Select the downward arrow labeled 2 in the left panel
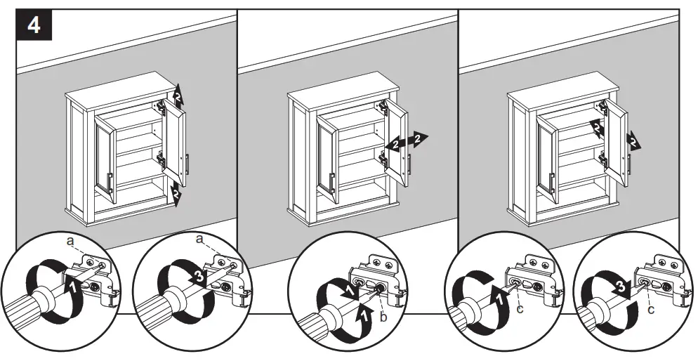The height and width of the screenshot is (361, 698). (177, 192)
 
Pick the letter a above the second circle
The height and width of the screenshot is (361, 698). (201, 239)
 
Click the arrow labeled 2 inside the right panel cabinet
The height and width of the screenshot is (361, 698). (596, 128)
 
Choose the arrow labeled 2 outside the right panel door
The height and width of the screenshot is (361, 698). (633, 140)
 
